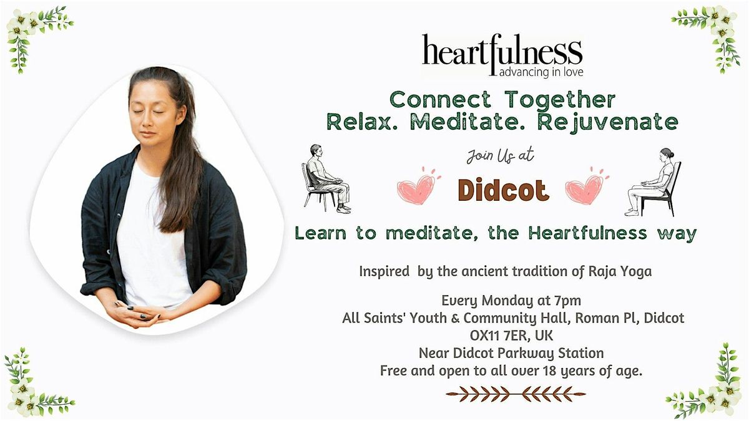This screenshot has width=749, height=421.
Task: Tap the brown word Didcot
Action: (x=502, y=190)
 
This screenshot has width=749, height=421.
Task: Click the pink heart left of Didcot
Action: (x=418, y=188)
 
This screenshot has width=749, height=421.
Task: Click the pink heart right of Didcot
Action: (x=586, y=188)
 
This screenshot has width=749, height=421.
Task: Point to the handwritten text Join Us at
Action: (x=501, y=155)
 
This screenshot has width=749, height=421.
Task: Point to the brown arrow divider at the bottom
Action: (x=516, y=394)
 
